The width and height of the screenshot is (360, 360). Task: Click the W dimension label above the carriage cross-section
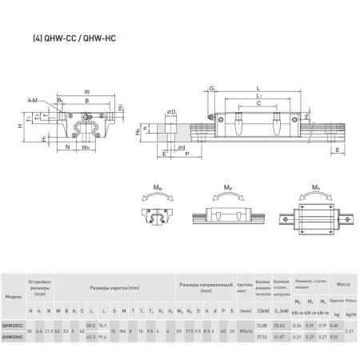pos(86,91)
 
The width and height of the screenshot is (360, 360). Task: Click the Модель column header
pos(13,296)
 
